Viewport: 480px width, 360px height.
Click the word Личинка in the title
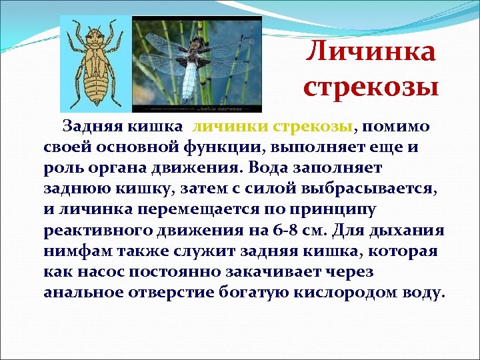pos(371,53)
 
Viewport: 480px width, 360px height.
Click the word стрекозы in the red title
pos(371,87)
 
